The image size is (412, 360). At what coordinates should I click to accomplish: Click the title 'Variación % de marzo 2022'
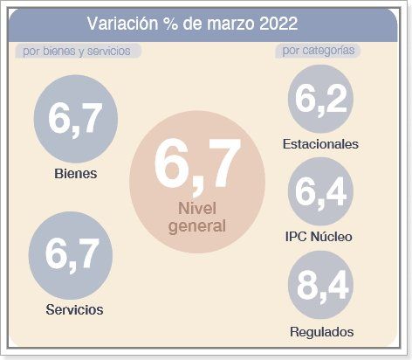click(x=192, y=24)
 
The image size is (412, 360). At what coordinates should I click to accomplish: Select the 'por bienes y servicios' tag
click(x=77, y=51)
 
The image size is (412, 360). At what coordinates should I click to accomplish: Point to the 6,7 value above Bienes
click(x=76, y=119)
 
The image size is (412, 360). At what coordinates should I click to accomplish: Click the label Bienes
click(x=75, y=173)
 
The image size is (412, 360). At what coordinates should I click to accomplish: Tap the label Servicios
click(x=74, y=309)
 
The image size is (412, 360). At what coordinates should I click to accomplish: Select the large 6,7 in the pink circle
click(x=196, y=165)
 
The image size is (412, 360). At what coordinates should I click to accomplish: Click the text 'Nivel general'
click(x=196, y=218)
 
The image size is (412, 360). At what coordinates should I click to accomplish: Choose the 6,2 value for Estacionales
click(x=319, y=99)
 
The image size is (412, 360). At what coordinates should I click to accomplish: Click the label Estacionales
click(x=320, y=143)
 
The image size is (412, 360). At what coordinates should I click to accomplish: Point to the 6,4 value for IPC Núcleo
click(x=320, y=191)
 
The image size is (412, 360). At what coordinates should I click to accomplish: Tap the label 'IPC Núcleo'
click(x=319, y=237)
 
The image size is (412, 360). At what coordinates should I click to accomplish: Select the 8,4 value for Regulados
click(x=320, y=286)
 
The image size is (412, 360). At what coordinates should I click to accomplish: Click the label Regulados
click(x=321, y=331)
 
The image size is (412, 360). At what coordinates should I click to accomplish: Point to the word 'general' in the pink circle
click(x=196, y=225)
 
